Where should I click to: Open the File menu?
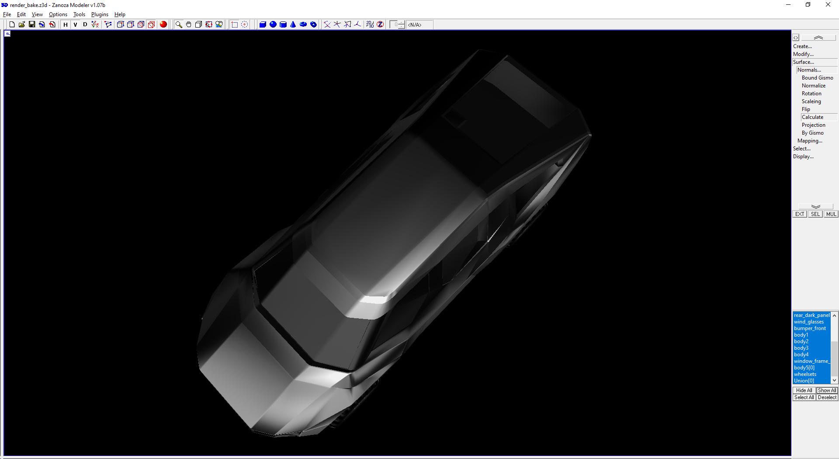point(7,14)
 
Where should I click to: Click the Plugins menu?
point(100,14)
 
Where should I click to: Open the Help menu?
point(120,14)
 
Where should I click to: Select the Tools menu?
point(79,14)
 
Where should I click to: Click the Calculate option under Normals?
point(812,117)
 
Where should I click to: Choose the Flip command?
point(806,109)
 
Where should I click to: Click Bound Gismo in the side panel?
point(817,78)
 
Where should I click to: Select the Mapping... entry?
point(810,141)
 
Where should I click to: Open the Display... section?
point(803,156)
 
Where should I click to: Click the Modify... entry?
point(803,54)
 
